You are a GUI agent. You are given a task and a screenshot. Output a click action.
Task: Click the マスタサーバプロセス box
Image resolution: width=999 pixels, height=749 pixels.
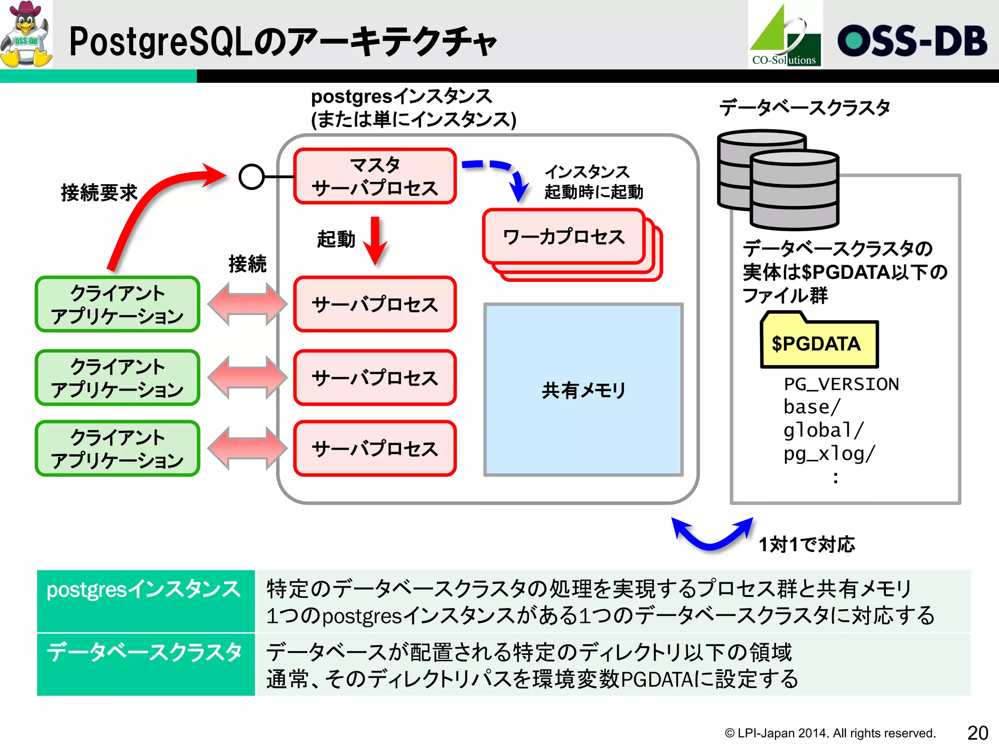(375, 176)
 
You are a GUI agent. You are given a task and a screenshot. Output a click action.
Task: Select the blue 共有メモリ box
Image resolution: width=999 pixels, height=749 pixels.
(583, 390)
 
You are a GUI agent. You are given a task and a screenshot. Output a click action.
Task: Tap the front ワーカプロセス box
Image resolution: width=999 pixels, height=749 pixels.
(563, 237)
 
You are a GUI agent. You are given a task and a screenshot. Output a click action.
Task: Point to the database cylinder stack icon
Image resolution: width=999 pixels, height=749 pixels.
(779, 179)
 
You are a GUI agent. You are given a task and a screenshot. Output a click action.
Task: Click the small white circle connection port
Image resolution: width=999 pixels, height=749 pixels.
(252, 177)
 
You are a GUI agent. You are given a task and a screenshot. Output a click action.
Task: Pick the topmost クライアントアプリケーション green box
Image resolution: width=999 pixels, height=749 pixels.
(117, 304)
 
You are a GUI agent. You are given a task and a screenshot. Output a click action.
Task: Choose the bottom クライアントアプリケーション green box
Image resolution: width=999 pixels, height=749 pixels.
(117, 448)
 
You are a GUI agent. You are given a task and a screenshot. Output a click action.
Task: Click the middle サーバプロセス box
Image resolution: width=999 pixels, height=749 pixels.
(375, 377)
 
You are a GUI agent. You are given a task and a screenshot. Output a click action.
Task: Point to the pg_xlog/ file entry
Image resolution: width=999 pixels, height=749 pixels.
(829, 453)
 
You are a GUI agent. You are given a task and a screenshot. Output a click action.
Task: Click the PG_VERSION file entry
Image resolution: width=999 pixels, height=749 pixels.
(841, 384)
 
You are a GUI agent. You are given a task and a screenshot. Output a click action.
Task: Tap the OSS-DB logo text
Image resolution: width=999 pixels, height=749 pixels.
(912, 41)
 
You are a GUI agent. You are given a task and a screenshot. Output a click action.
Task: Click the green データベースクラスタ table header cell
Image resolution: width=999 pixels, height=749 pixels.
(145, 664)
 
